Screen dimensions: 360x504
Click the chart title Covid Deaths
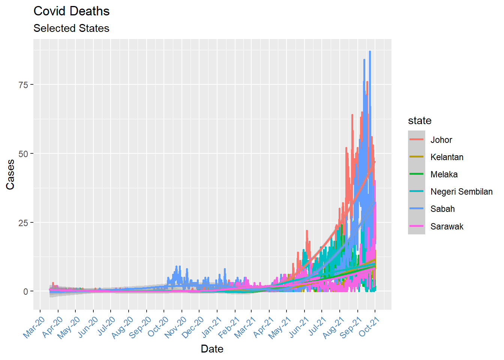point(71,11)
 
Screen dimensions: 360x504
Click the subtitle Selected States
point(71,28)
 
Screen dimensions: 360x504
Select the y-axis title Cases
point(10,174)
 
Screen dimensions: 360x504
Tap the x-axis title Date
point(212,349)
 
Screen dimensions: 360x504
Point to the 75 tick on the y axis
point(23,85)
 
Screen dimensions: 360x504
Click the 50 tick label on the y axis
point(23,154)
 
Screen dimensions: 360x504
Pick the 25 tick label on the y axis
point(23,223)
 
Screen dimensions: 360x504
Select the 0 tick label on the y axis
point(25,292)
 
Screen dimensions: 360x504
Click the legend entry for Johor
point(441,140)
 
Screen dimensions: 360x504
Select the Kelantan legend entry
point(447,157)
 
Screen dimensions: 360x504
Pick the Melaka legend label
point(444,174)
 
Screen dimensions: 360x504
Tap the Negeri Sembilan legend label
point(461,192)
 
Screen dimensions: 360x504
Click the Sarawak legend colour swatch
point(416,226)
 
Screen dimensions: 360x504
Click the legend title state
point(420,121)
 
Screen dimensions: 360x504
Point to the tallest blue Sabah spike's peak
point(370,52)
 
